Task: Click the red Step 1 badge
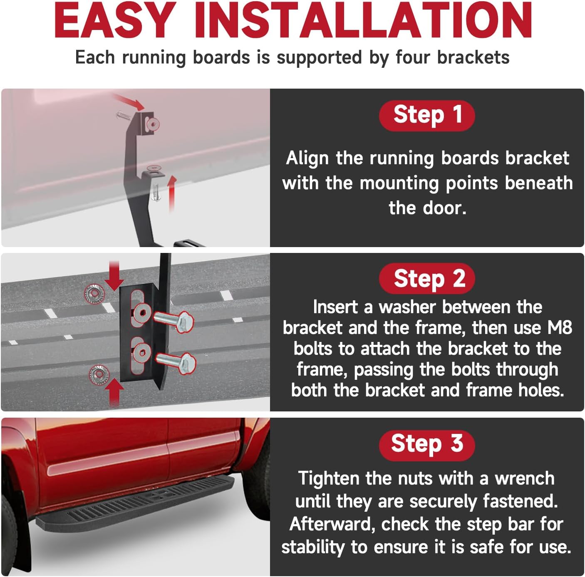pyautogui.click(x=427, y=115)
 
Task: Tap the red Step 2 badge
pyautogui.click(x=427, y=278)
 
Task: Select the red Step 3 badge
pyautogui.click(x=427, y=445)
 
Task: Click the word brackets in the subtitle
pyautogui.click(x=473, y=57)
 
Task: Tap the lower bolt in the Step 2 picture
pyautogui.click(x=176, y=363)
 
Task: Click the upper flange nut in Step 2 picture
pyautogui.click(x=94, y=294)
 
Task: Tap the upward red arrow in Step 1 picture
pyautogui.click(x=172, y=193)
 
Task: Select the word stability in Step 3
pyautogui.click(x=313, y=547)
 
